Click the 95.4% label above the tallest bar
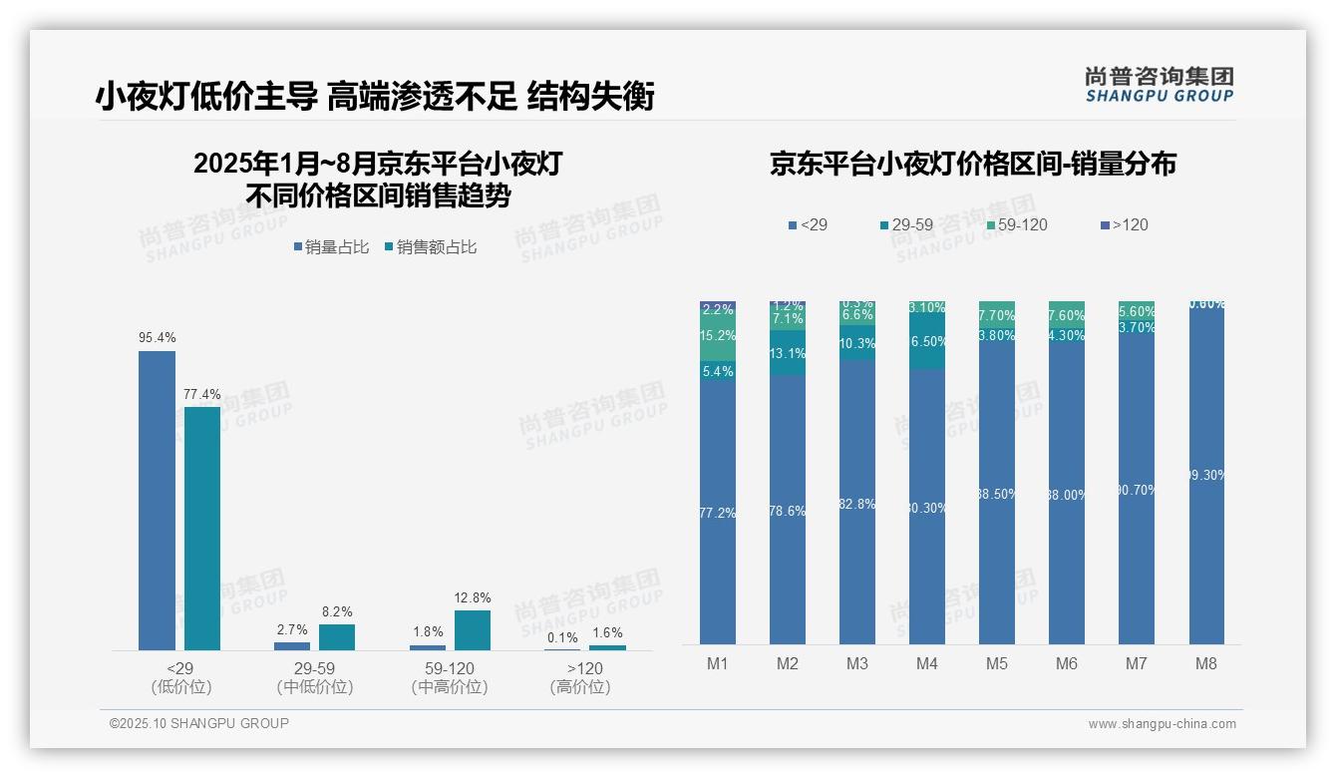click(157, 338)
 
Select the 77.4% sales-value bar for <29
click(202, 528)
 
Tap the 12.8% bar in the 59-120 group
click(473, 629)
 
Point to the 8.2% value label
click(337, 611)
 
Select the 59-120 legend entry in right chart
click(1016, 225)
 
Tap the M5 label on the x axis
click(996, 663)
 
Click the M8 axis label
click(1205, 663)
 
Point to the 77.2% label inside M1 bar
click(718, 513)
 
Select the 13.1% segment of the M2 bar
click(788, 353)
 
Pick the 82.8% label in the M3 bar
click(857, 504)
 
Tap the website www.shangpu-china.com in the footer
click(1162, 724)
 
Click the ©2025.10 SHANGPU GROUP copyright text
click(198, 723)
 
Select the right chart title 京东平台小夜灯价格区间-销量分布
click(972, 164)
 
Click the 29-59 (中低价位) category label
click(314, 677)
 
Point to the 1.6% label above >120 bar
click(606, 632)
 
